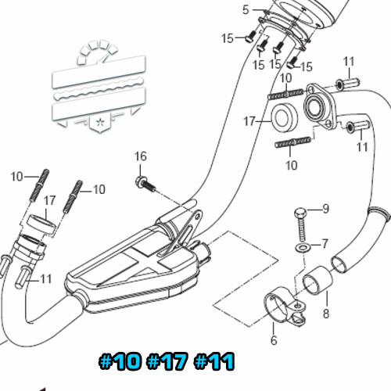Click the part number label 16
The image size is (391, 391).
[x=141, y=156]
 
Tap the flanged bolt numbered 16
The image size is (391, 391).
[x=145, y=184]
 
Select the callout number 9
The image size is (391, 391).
[x=326, y=209]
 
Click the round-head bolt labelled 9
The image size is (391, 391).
[x=301, y=224]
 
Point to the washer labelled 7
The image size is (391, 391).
[x=303, y=247]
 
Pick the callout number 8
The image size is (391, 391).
[x=326, y=314]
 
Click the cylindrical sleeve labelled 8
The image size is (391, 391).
[x=317, y=281]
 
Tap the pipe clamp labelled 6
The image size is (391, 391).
[x=285, y=306]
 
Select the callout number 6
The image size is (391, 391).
[x=274, y=340]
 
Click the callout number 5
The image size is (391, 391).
[x=246, y=10]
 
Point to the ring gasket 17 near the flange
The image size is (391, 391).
[x=285, y=117]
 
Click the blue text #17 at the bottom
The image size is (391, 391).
[x=167, y=361]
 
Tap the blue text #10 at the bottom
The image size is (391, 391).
[x=120, y=361]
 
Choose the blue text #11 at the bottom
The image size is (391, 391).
[x=214, y=361]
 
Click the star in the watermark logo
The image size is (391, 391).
[x=100, y=122]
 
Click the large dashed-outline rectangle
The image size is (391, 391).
[x=246, y=278]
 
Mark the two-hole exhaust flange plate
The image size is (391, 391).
[x=321, y=106]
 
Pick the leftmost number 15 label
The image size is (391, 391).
[x=228, y=38]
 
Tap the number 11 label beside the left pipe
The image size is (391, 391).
[x=46, y=279]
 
